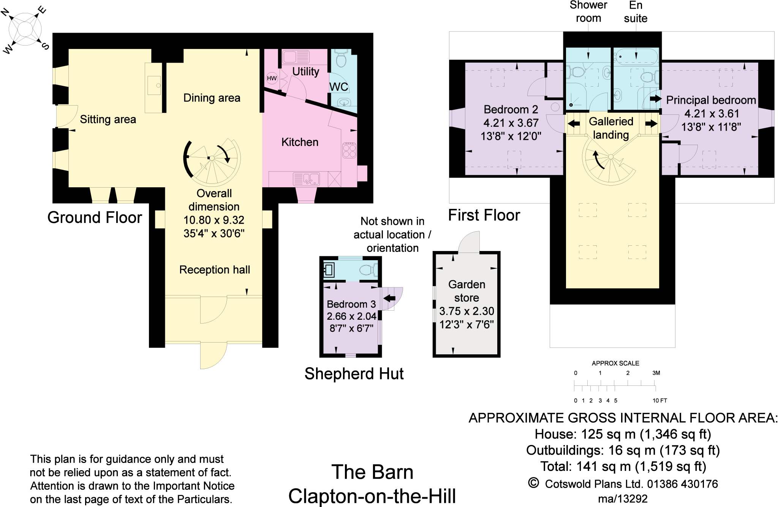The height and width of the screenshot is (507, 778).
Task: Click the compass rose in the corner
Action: click(25, 29)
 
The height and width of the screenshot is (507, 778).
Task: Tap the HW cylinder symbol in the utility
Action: click(272, 78)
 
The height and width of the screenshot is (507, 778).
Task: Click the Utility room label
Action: click(305, 71)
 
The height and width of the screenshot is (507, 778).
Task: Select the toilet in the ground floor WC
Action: click(341, 59)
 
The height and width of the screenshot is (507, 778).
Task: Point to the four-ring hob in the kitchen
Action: click(349, 150)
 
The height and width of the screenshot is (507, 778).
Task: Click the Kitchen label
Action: click(300, 142)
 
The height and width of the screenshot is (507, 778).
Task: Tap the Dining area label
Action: click(212, 98)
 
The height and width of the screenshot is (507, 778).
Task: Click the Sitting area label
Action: click(108, 119)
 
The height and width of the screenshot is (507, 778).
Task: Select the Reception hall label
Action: click(214, 270)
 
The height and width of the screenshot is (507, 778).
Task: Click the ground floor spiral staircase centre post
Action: click(212, 158)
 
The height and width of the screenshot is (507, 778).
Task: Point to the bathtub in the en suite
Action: click(636, 56)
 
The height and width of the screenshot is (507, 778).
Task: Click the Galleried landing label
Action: click(611, 128)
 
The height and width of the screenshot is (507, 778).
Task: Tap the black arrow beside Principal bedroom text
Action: click(655, 99)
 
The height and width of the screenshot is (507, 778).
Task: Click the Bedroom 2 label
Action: click(511, 109)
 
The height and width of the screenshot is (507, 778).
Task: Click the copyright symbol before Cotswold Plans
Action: click(533, 483)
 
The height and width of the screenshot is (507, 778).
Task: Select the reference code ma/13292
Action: click(623, 499)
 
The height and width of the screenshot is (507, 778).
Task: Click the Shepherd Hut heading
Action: click(354, 374)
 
